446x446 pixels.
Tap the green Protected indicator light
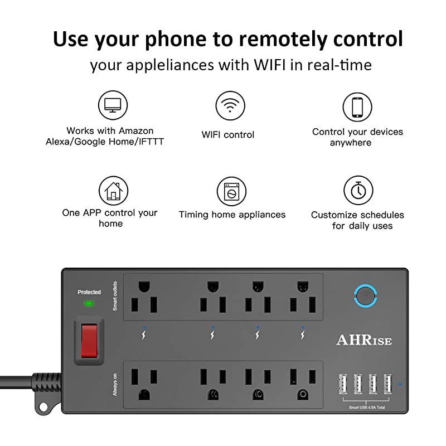[x=89, y=304]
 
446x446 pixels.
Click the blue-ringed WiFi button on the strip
[x=366, y=297]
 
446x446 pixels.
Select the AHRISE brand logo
[x=364, y=340]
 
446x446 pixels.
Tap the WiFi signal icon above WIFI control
[x=230, y=106]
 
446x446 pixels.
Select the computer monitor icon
[x=113, y=105]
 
